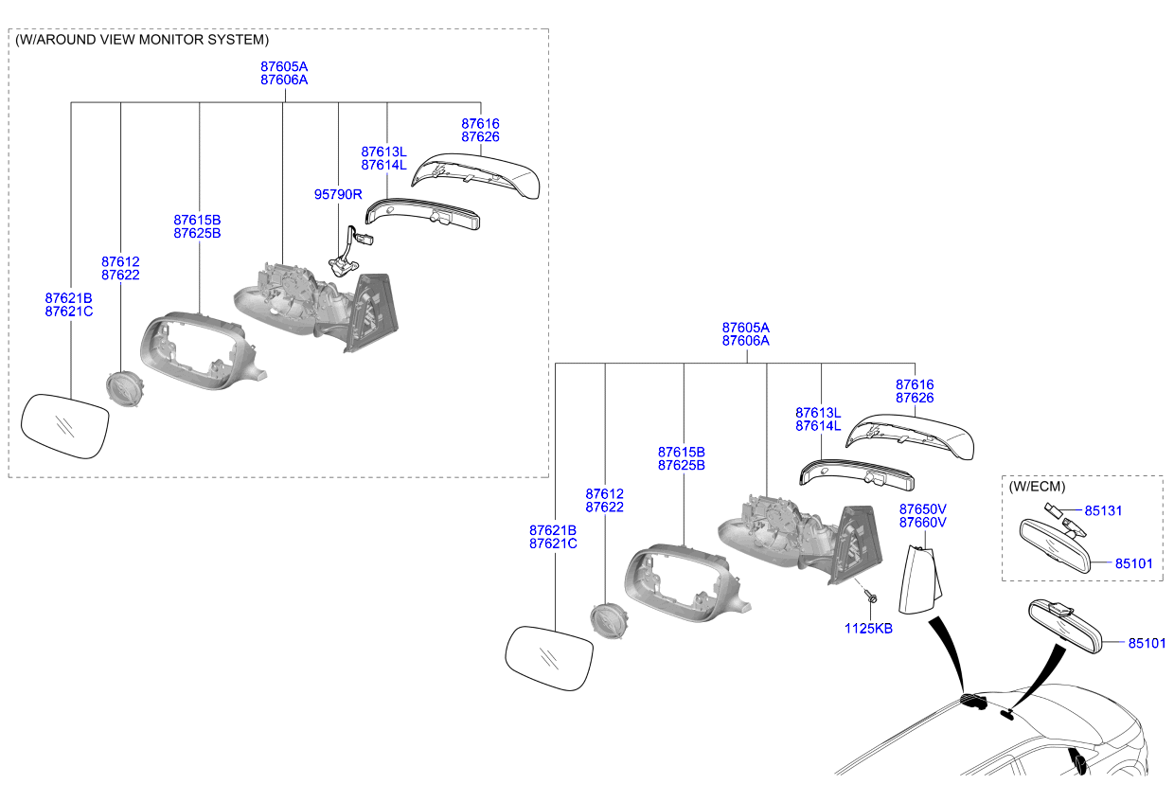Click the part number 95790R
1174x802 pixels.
click(x=338, y=194)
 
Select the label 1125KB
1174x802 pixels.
click(x=868, y=629)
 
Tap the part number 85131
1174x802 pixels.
click(x=1103, y=510)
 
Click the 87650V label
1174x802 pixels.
click(x=922, y=509)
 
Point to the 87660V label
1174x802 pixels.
click(x=922, y=523)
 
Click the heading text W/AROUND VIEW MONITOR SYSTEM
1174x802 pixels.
click(x=142, y=40)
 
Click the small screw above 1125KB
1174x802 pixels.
click(x=872, y=597)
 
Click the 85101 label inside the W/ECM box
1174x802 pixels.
click(x=1133, y=563)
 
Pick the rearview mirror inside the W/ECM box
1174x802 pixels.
click(x=1055, y=545)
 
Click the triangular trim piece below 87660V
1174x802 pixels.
click(x=919, y=579)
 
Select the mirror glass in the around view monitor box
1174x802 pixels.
click(x=65, y=426)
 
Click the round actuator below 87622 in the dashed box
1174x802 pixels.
click(x=125, y=388)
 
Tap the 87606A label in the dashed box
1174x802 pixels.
click(x=284, y=80)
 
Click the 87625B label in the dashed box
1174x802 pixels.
click(x=197, y=233)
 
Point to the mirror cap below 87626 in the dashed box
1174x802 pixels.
click(x=475, y=175)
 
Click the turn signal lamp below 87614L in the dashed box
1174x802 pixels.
click(x=422, y=214)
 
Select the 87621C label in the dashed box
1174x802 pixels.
click(x=69, y=312)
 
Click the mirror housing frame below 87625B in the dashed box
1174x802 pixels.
click(x=203, y=350)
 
